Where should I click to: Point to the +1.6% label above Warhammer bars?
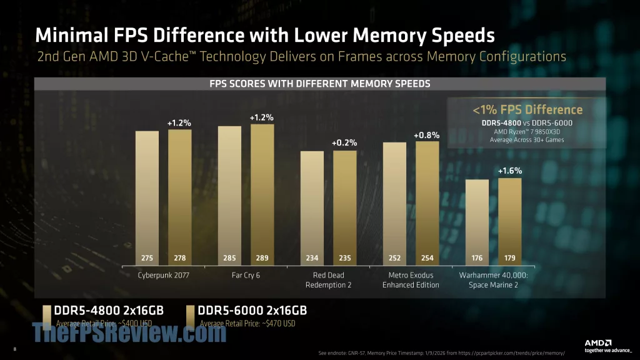[x=509, y=171]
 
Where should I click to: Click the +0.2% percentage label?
[x=344, y=143]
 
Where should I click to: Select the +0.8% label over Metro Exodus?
[x=427, y=134]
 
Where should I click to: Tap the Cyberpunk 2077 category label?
[x=163, y=276]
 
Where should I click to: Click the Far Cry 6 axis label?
[x=246, y=276]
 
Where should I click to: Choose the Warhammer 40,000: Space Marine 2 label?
[x=494, y=280]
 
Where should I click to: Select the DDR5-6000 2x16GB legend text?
[x=252, y=311]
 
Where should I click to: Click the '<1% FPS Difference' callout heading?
[x=527, y=110]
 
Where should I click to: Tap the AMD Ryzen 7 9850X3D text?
[x=527, y=131]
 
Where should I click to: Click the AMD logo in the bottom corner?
[x=597, y=342]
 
